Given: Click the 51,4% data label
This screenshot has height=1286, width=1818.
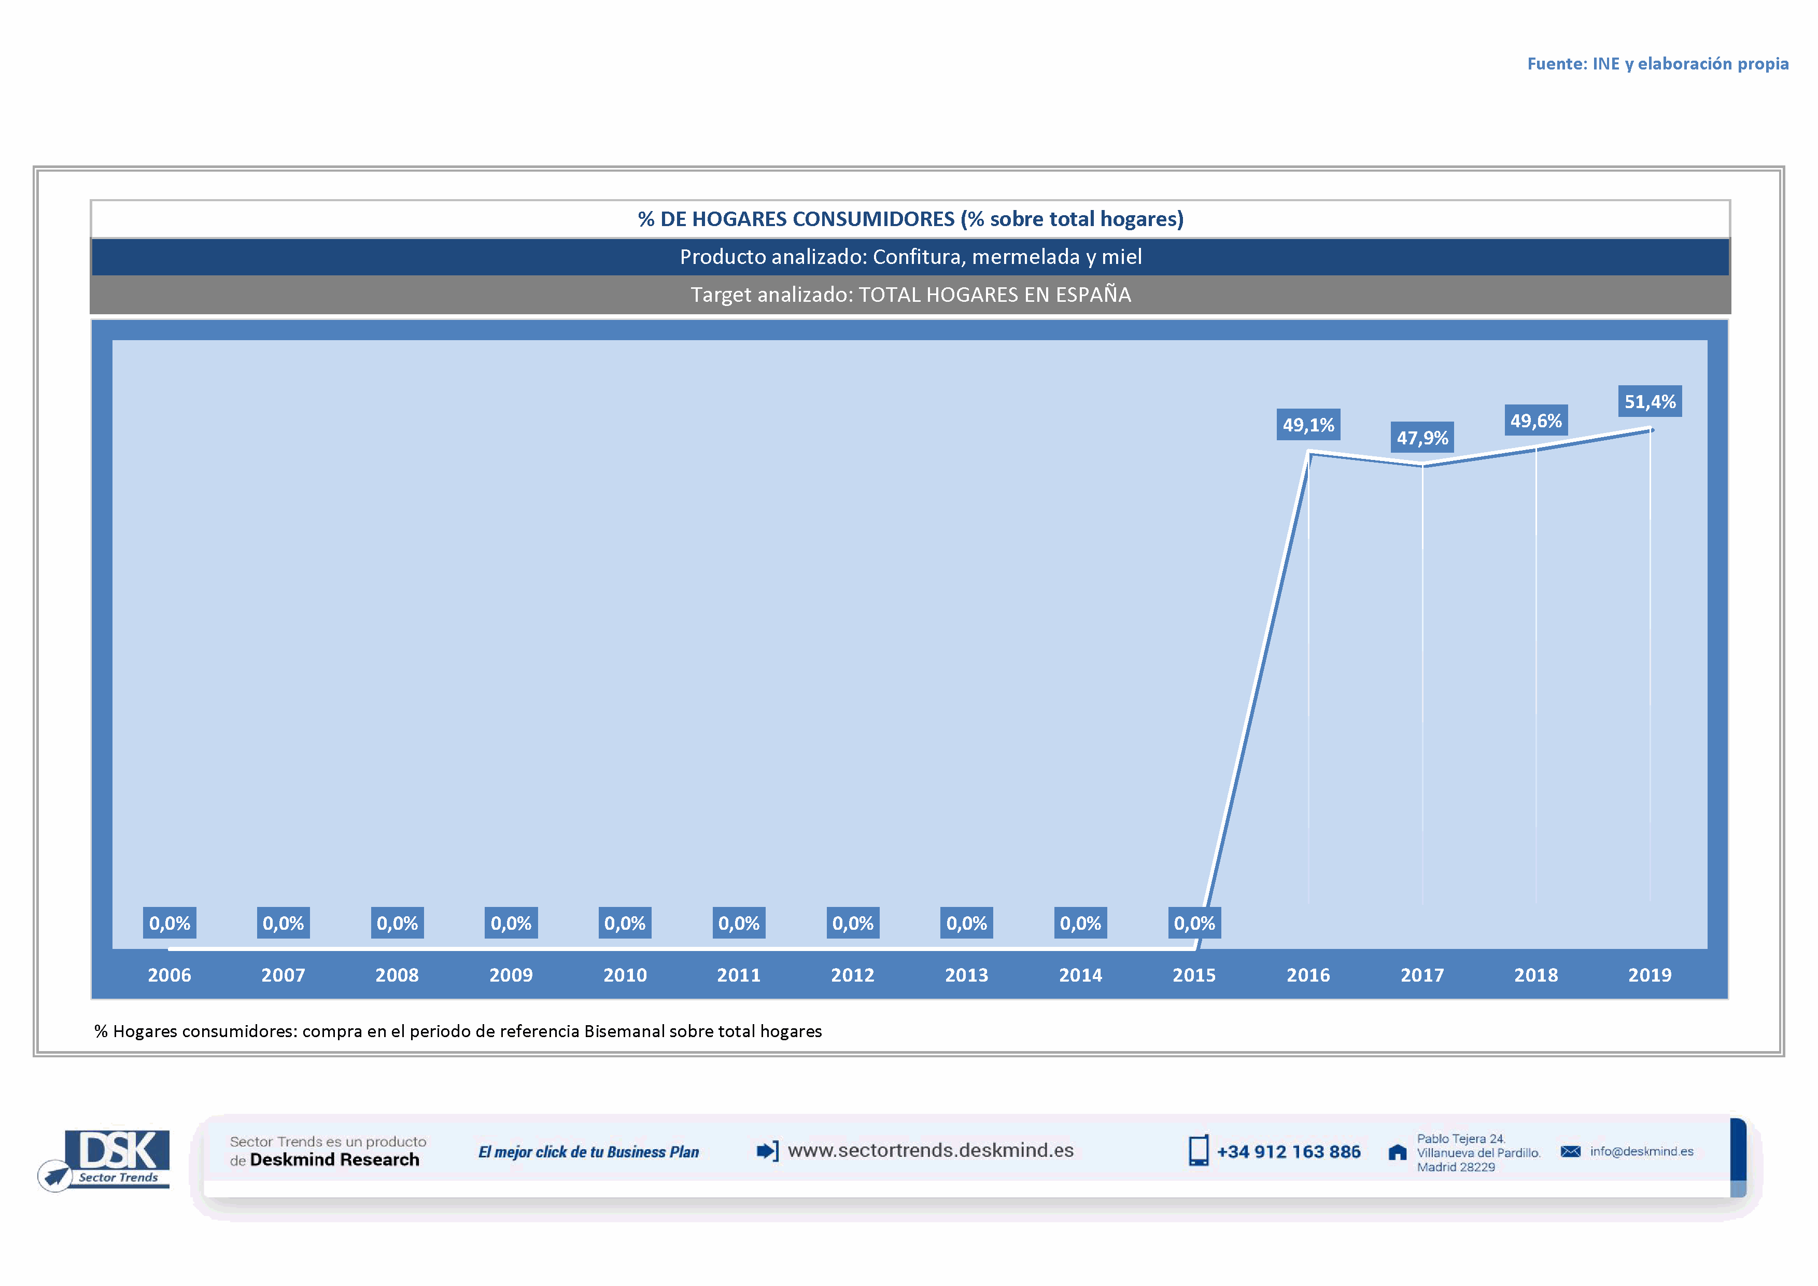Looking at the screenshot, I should tap(1650, 401).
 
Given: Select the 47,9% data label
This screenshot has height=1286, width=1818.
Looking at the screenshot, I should tap(1422, 438).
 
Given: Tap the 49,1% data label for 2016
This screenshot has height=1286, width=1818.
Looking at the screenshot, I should tap(1308, 425).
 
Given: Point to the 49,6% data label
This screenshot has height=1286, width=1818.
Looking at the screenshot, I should tap(1535, 421).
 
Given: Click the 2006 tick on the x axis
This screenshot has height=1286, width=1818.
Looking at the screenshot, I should tap(170, 975).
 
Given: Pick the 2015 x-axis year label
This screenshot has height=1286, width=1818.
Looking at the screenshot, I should tap(1194, 975).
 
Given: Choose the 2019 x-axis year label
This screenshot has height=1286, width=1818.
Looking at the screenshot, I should tap(1650, 975).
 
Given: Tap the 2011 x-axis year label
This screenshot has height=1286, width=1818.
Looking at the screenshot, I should tap(739, 975).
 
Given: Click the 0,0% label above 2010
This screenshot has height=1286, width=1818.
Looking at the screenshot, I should tap(625, 924).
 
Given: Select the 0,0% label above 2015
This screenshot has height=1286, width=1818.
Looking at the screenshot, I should tap(1194, 924).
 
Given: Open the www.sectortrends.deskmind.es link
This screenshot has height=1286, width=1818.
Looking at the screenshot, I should tap(931, 1151).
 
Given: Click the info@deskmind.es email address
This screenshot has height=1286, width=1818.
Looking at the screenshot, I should tap(1641, 1151).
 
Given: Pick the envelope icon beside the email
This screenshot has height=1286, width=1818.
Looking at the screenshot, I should tap(1570, 1151).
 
